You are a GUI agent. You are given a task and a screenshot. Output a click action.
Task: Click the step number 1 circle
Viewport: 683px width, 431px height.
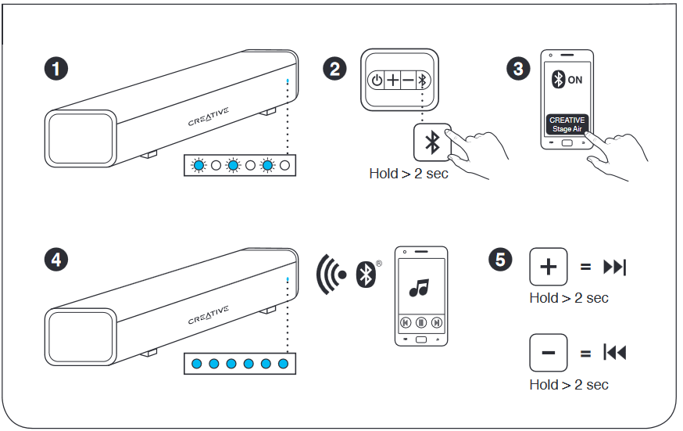[55, 69]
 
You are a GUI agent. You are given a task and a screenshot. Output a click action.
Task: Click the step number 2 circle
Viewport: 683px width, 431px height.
[334, 69]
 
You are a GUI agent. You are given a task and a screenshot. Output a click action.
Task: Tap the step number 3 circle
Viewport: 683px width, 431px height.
[517, 69]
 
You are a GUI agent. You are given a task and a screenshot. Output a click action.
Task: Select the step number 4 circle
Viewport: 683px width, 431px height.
[55, 259]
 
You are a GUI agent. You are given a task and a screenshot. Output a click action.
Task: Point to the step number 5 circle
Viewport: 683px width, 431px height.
[500, 259]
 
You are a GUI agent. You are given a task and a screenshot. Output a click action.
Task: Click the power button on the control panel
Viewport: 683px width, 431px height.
[377, 80]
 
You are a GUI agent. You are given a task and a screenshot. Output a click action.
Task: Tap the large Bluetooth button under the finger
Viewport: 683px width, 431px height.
[431, 142]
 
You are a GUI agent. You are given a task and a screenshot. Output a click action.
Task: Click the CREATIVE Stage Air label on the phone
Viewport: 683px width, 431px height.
[567, 124]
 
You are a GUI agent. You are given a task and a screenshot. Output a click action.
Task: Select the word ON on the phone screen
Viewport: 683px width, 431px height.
[575, 80]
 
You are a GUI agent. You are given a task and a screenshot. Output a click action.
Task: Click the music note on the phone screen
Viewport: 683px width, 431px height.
[419, 288]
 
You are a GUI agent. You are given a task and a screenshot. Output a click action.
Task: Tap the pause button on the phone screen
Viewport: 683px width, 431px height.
[420, 321]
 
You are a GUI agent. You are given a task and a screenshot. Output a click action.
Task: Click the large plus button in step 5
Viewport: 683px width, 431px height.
[549, 268]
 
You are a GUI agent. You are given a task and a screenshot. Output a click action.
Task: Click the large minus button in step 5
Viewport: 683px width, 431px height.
[549, 354]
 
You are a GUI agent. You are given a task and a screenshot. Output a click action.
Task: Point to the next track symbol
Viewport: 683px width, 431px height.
[614, 268]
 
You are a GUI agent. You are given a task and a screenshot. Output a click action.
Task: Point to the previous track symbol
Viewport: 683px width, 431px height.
[614, 354]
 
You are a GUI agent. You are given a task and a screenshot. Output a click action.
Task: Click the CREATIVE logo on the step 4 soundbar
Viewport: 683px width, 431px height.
[209, 315]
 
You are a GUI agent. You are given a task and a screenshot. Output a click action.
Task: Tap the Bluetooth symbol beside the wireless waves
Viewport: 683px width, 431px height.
[363, 272]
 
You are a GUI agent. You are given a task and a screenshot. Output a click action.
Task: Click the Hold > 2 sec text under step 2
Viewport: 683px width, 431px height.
[408, 174]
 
